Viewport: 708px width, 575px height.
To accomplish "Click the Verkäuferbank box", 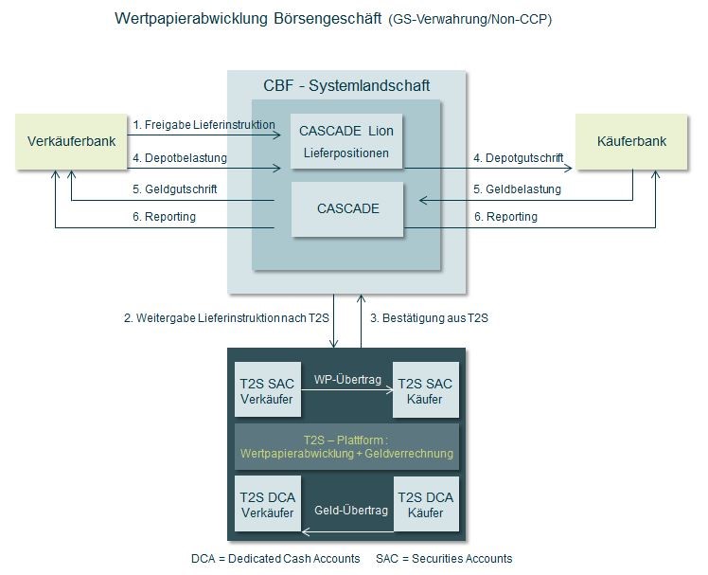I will (72, 142).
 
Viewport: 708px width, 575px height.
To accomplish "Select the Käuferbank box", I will (631, 142).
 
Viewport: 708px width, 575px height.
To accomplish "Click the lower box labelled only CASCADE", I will (347, 208).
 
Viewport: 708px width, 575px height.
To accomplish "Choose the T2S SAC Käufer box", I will (425, 390).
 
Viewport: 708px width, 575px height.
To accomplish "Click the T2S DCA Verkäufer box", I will (267, 505).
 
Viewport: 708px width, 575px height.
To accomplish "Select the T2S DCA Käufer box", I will (425, 505).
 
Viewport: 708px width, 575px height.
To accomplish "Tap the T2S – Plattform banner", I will (346, 447).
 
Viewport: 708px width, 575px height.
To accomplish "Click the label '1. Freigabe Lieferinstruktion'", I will (204, 124).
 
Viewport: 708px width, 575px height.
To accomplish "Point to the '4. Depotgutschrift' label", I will (519, 157).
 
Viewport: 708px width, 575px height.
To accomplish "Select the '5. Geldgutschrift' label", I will (174, 189).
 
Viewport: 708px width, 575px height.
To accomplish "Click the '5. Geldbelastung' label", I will (517, 189).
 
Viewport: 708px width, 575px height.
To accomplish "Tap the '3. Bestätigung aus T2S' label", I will (429, 318).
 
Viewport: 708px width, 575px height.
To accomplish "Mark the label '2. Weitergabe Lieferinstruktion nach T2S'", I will (226, 318).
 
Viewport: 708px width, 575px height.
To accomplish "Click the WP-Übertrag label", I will (346, 380).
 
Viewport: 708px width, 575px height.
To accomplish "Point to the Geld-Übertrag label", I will (351, 511).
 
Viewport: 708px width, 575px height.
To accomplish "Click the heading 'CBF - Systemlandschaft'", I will (346, 86).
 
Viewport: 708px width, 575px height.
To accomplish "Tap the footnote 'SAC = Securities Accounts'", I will (444, 558).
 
